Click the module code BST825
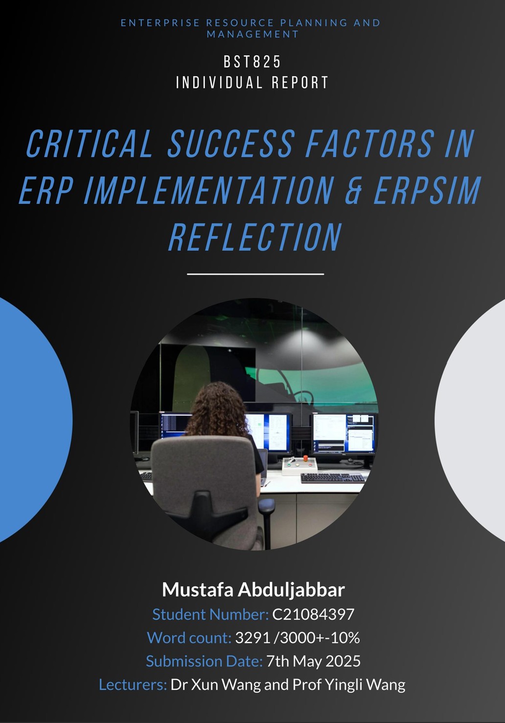pos(252,62)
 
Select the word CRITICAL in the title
pos(90,145)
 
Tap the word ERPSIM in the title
pos(427,191)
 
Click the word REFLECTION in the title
pos(255,238)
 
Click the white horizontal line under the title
pos(255,274)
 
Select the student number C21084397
pos(313,614)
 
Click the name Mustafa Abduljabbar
pos(253,590)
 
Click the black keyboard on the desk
pos(333,477)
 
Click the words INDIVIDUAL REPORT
pos(252,83)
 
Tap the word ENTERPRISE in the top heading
pos(161,23)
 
